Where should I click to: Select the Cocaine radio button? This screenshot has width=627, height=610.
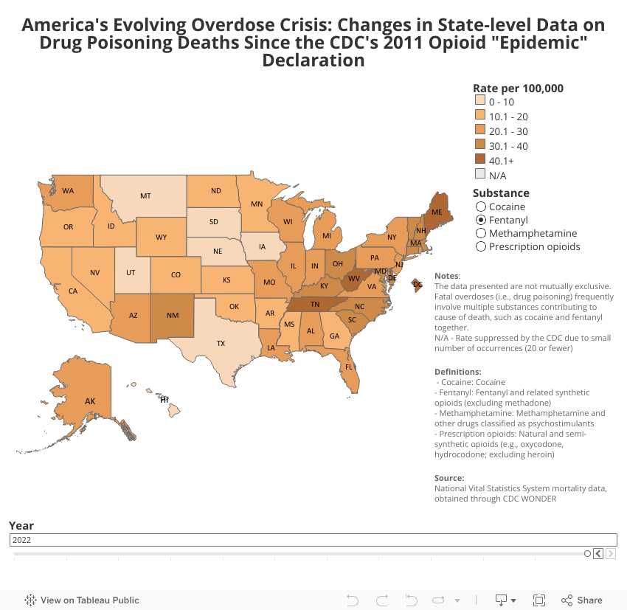[481, 207]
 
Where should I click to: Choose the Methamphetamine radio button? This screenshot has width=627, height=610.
[481, 233]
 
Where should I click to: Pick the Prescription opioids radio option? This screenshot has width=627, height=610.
[481, 246]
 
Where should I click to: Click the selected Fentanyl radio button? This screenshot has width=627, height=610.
[481, 220]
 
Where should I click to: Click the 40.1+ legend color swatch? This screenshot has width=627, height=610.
[479, 160]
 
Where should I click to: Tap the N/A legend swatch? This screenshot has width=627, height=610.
[479, 175]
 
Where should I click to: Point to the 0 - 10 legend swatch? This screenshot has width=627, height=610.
[479, 102]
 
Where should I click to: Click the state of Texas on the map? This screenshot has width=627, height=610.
[221, 343]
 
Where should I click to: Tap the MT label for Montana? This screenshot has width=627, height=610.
[145, 195]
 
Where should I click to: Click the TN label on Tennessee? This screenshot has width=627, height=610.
[314, 304]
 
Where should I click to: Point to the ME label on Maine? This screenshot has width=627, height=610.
[437, 212]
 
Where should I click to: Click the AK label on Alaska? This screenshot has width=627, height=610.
[90, 401]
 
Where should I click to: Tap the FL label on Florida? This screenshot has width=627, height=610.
[349, 367]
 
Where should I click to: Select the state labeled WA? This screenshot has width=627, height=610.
[68, 190]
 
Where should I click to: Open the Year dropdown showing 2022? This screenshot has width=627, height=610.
[313, 540]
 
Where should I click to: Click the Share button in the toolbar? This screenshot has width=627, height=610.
[582, 600]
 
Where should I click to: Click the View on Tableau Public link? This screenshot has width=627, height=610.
[82, 600]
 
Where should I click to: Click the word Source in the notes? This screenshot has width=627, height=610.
[449, 478]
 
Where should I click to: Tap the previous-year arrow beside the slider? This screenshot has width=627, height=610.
[598, 554]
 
